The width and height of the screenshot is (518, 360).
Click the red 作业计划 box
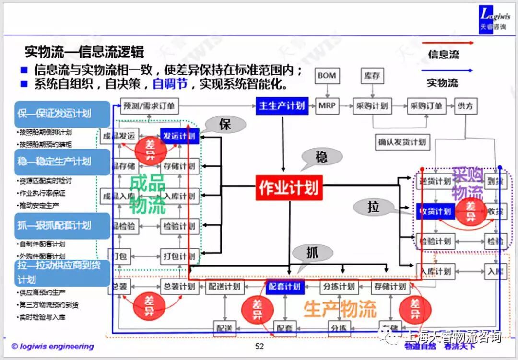click(x=289, y=188)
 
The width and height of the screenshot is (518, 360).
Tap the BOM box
click(x=327, y=76)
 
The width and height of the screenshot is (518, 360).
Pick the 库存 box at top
click(x=371, y=76)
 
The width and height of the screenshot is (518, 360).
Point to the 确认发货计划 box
click(x=402, y=142)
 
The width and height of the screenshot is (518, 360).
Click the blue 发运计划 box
click(x=180, y=136)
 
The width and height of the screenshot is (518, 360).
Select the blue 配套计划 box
click(x=285, y=287)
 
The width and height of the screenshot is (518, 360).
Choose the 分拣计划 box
click(x=339, y=287)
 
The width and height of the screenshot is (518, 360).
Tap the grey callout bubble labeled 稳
click(x=322, y=157)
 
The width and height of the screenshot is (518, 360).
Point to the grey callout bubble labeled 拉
click(x=374, y=207)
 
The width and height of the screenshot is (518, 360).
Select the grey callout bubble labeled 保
click(x=225, y=125)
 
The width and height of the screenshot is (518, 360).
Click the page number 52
click(x=259, y=346)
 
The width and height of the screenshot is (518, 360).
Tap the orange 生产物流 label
click(x=340, y=309)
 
